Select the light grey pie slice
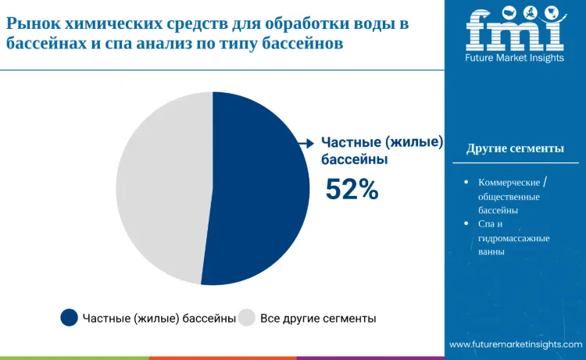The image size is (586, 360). coord(160,187)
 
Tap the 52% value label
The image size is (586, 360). coord(352,189)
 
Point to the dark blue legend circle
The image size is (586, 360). coord(70,318)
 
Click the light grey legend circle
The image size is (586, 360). coord(247,318)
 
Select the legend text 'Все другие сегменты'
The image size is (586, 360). coord(318,319)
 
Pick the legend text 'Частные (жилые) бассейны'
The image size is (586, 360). coord(159,319)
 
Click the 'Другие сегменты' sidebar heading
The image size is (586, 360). coord(515,148)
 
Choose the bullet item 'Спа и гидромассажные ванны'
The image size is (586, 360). coord(513,237)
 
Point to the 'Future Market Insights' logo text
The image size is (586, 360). coord(514,58)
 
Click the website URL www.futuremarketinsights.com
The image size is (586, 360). coord(516,344)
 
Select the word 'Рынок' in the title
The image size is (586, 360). coord(31,23)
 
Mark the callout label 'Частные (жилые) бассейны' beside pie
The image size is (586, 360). coord(382,151)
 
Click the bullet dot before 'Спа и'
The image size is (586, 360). coord(466,223)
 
